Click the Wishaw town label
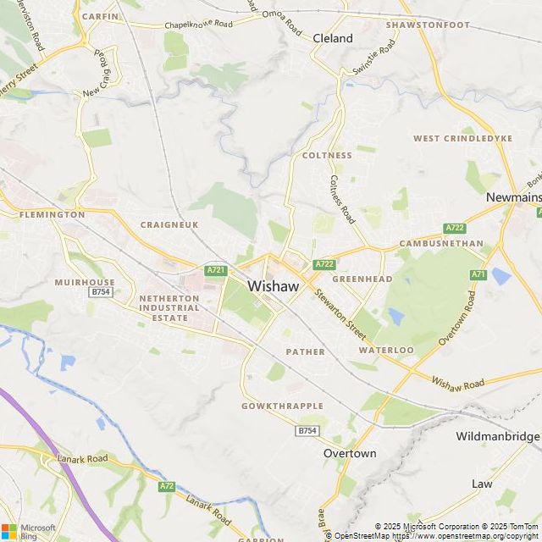(274, 286)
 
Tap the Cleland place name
(333, 38)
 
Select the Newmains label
(513, 196)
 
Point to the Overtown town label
(350, 453)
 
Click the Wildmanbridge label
(497, 436)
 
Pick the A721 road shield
(216, 270)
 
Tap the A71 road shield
(479, 274)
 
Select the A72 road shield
(167, 486)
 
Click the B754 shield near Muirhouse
(102, 291)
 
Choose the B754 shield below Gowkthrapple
(307, 430)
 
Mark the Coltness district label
(327, 156)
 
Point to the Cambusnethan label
(434, 244)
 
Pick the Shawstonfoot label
(427, 25)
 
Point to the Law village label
(482, 484)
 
